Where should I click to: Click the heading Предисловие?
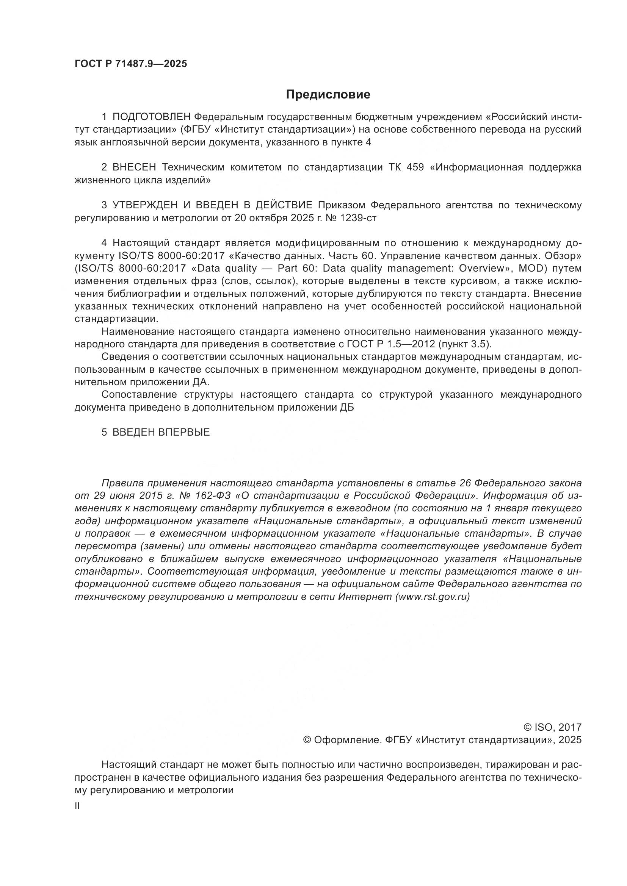(328, 95)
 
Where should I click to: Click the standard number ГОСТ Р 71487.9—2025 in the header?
(130, 64)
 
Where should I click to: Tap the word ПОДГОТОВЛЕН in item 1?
(152, 117)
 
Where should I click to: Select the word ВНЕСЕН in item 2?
(134, 167)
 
